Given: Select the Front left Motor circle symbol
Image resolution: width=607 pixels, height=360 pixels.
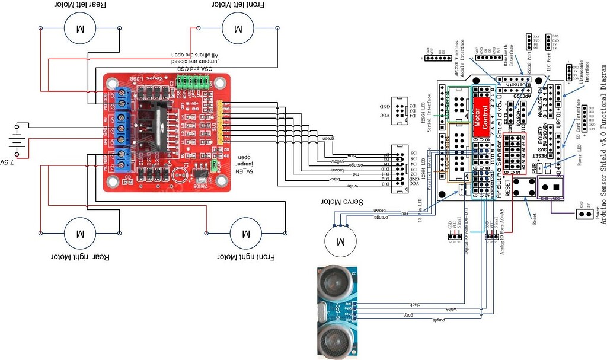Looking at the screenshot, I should click(x=238, y=28).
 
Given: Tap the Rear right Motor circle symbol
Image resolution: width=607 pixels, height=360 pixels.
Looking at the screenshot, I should click(x=81, y=232).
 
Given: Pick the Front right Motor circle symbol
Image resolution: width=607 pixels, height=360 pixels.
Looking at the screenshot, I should click(x=245, y=234).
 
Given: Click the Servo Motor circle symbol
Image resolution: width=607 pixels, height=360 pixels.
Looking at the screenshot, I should click(x=340, y=242).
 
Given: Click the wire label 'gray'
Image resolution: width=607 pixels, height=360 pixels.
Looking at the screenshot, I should click(x=411, y=315).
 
